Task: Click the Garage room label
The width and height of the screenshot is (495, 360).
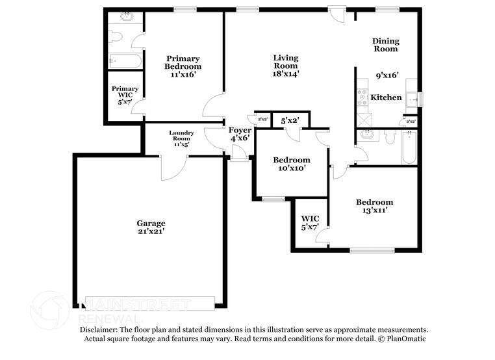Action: click(151, 223)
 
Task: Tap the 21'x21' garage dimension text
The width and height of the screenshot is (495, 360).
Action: click(151, 232)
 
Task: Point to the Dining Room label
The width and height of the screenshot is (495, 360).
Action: click(385, 45)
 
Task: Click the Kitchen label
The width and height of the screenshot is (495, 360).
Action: click(386, 98)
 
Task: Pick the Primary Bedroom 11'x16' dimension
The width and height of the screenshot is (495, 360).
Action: click(183, 75)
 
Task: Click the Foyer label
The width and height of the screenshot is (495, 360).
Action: click(240, 130)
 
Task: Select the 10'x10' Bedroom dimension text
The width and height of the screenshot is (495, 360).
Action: click(291, 168)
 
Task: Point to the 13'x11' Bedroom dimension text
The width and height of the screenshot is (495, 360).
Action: click(374, 211)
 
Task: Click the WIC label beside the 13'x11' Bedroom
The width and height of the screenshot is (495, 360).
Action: click(309, 218)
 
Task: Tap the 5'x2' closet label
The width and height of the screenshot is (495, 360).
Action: click(289, 121)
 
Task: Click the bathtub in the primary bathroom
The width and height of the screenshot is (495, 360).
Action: click(125, 62)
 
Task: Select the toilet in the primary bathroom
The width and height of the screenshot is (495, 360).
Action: click(117, 36)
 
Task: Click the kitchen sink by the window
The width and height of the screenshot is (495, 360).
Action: click(412, 99)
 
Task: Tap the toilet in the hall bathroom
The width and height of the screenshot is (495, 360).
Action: click(390, 137)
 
